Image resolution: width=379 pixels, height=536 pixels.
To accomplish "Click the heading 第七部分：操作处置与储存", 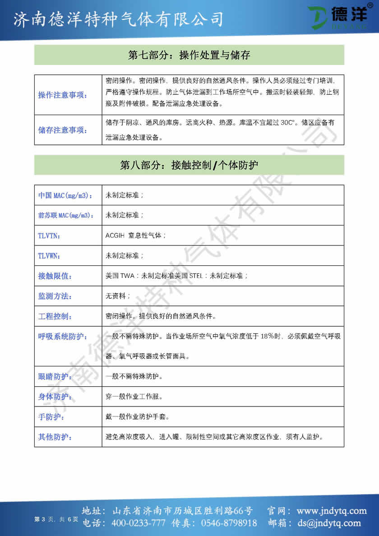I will pyautogui.click(x=189, y=55).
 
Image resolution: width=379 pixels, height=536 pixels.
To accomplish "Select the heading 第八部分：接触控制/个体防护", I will pyautogui.click(x=189, y=165).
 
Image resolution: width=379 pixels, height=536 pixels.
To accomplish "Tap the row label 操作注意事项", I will pyautogui.click(x=63, y=95).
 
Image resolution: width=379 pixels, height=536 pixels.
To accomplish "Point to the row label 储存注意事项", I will pyautogui.click(x=63, y=130).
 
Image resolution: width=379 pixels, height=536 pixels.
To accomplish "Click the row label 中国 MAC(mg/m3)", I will pyautogui.click(x=65, y=195).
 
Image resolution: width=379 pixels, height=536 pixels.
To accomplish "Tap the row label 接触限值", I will pyautogui.click(x=55, y=276).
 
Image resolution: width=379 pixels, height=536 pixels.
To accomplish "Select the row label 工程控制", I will pyautogui.click(x=55, y=316).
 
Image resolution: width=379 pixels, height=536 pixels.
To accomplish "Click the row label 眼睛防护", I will pyautogui.click(x=55, y=377).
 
